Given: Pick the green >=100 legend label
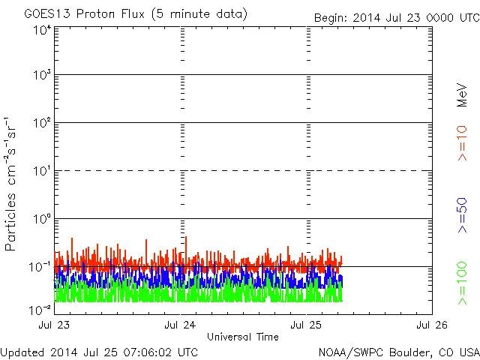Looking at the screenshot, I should tap(462, 283).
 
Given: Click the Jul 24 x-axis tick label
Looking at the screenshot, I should tap(180, 325).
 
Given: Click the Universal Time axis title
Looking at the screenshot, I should tap(242, 337).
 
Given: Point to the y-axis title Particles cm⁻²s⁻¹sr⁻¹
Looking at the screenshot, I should tap(11, 184).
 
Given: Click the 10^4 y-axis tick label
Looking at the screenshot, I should tap(42, 29).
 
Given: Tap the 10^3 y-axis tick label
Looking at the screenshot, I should tap(42, 75).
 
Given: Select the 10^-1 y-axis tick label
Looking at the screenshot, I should tap(40, 266).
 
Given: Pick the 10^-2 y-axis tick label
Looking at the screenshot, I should tap(40, 308).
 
